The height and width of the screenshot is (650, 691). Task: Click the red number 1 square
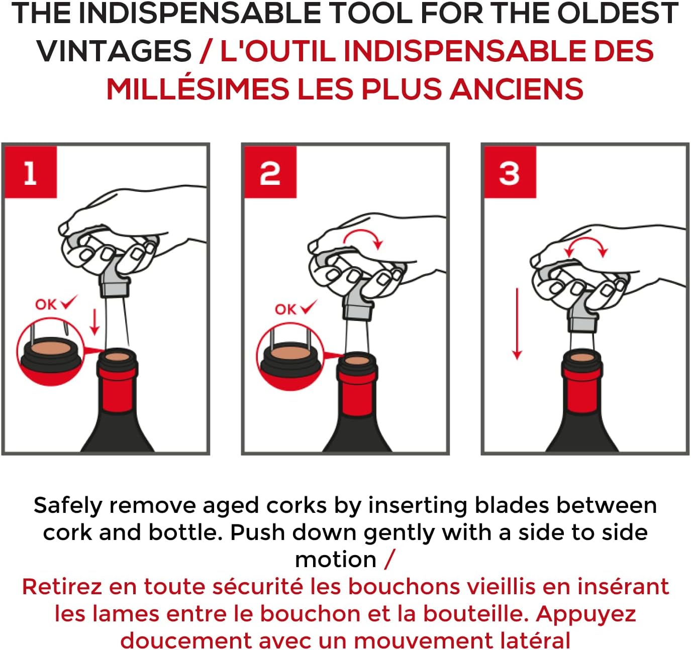pyautogui.click(x=31, y=172)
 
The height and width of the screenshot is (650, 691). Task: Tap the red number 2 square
pyautogui.click(x=270, y=172)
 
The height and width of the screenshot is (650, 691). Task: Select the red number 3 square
pyautogui.click(x=510, y=172)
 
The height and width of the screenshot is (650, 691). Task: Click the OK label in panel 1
pyautogui.click(x=46, y=304)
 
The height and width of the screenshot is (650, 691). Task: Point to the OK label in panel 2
pyautogui.click(x=285, y=309)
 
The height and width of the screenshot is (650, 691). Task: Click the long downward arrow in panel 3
pyautogui.click(x=518, y=324)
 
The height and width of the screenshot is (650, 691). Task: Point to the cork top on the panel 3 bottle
pyautogui.click(x=582, y=358)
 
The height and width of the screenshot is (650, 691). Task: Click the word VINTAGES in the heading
pyautogui.click(x=115, y=51)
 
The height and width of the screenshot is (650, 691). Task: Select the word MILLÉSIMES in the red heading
pyautogui.click(x=198, y=89)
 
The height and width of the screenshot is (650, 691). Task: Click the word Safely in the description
pyautogui.click(x=68, y=506)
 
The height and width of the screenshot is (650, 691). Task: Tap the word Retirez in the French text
pyautogui.click(x=62, y=587)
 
